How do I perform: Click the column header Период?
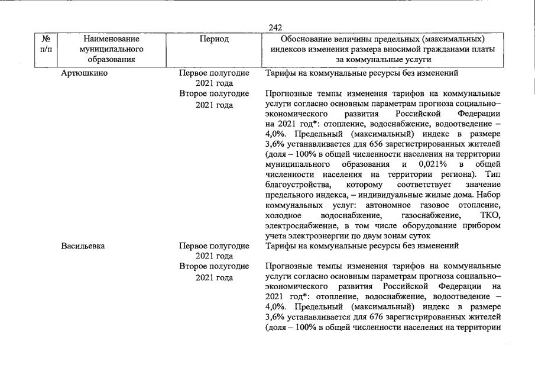[x=215, y=39]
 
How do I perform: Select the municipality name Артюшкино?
[x=83, y=73]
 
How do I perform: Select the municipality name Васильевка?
[x=83, y=246]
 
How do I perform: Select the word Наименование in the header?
[x=103, y=39]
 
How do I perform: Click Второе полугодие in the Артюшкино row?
[x=215, y=93]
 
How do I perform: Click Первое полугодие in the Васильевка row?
[x=215, y=246]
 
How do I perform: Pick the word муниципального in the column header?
[x=103, y=49]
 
